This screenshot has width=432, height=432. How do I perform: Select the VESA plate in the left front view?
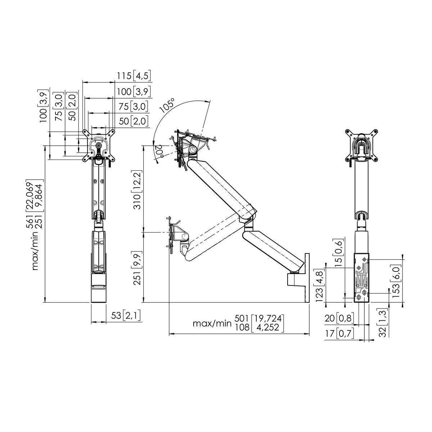[x=99, y=145]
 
